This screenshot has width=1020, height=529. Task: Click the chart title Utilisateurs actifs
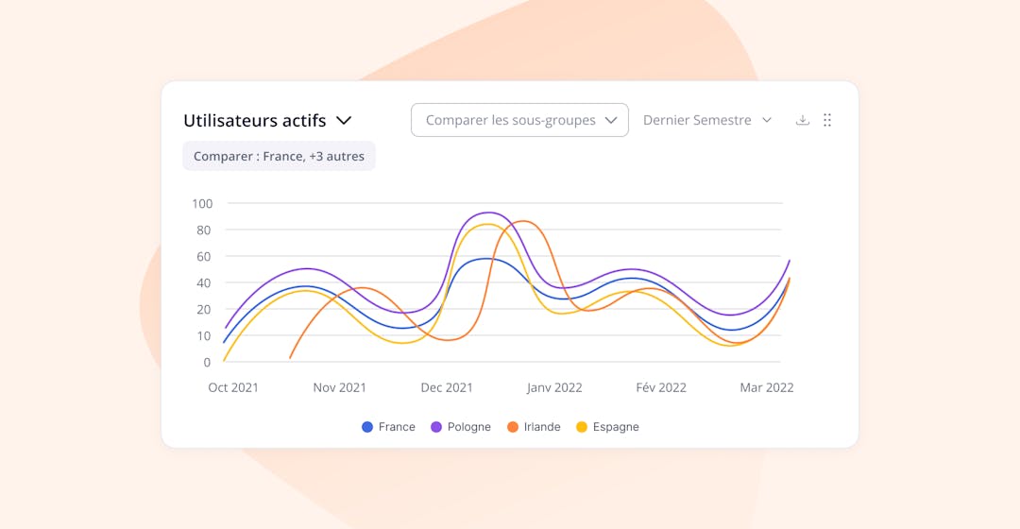pyautogui.click(x=254, y=121)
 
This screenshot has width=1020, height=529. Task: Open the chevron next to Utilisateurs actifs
pyautogui.click(x=345, y=121)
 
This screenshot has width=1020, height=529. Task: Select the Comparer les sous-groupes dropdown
pyautogui.click(x=519, y=120)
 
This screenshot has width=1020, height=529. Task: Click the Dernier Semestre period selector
pyautogui.click(x=707, y=120)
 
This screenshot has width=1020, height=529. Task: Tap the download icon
pyautogui.click(x=803, y=120)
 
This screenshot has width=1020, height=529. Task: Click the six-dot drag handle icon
pyautogui.click(x=827, y=120)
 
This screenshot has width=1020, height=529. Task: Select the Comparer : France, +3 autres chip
pyautogui.click(x=279, y=157)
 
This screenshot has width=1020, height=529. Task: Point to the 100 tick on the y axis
pyautogui.click(x=202, y=203)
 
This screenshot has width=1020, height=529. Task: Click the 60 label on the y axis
pyautogui.click(x=202, y=256)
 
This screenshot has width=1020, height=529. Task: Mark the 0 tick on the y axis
pyautogui.click(x=207, y=362)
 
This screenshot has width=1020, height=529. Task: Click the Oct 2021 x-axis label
pyautogui.click(x=233, y=387)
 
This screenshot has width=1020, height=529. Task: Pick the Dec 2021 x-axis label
pyautogui.click(x=447, y=387)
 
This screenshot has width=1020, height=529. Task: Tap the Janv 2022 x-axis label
pyautogui.click(x=554, y=387)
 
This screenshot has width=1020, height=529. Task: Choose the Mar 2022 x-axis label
pyautogui.click(x=766, y=387)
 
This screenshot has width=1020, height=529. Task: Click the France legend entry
pyautogui.click(x=388, y=427)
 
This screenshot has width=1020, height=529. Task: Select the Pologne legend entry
pyautogui.click(x=461, y=427)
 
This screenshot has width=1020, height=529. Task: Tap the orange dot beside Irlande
pyautogui.click(x=513, y=427)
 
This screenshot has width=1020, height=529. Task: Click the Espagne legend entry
pyautogui.click(x=607, y=427)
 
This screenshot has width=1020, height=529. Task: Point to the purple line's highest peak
pyautogui.click(x=487, y=213)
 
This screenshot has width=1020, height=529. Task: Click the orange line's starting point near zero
pyautogui.click(x=290, y=358)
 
